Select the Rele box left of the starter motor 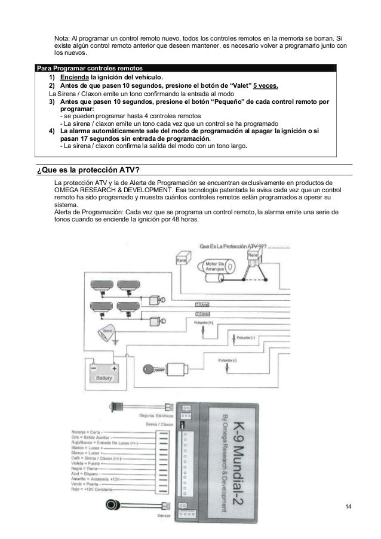click(182, 260)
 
